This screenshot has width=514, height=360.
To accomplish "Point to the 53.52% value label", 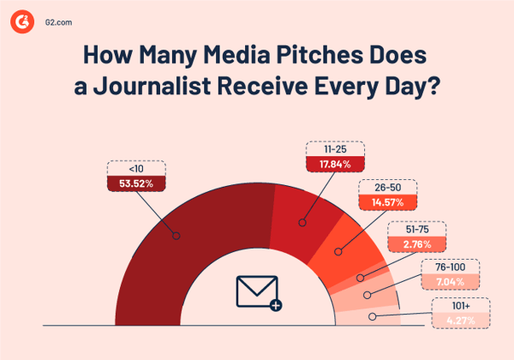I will (126, 183).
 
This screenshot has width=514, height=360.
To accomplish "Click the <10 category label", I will (126, 167).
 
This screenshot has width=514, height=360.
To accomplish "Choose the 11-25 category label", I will (334, 149).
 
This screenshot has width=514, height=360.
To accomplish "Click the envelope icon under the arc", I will (256, 291).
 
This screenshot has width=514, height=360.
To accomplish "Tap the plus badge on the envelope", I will (275, 304).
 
